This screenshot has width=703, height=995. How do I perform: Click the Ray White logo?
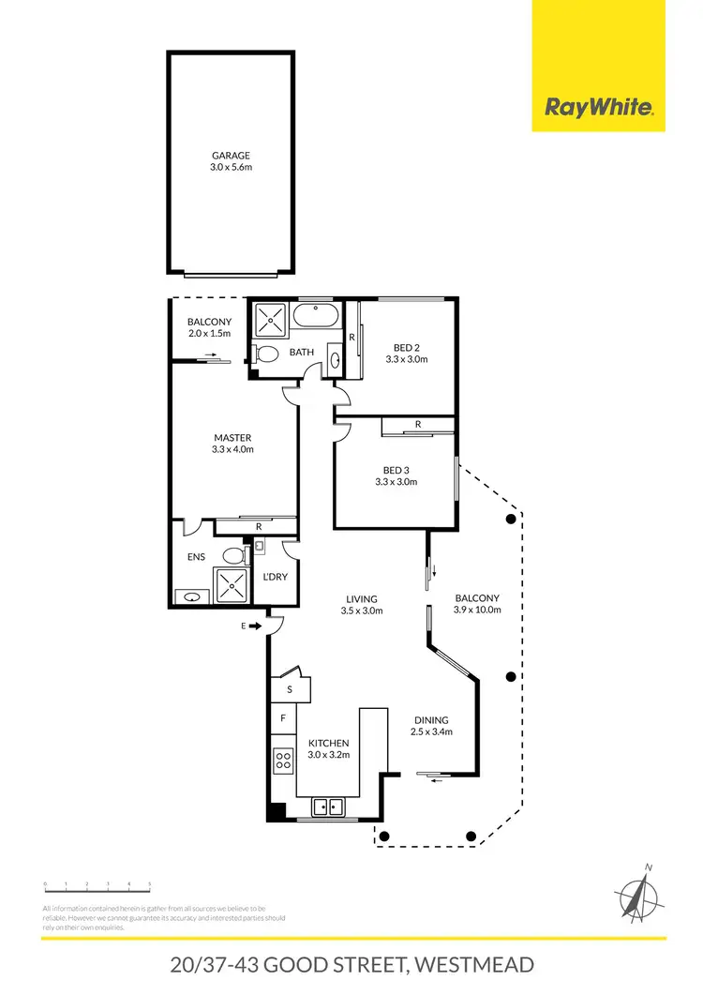pos(598,107)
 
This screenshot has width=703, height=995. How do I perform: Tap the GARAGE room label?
pos(231,157)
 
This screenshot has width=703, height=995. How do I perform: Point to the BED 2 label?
pos(406,347)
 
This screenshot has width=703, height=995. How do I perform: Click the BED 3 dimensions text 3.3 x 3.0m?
pos(395,482)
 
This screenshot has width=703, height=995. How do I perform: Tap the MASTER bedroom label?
pos(232,438)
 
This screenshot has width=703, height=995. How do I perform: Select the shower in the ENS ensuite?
pos(230,586)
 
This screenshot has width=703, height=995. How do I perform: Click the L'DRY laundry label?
pos(274,577)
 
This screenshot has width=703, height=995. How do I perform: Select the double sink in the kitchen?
pos(328,805)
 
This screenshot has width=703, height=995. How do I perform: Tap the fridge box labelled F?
pos(282,719)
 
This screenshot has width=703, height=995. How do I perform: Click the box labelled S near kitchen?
pos(290,689)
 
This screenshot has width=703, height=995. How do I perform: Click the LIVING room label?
pos(361,598)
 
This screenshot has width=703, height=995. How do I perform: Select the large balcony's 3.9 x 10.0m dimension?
pos(478,610)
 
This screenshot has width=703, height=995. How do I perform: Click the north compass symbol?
pos(637,891)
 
